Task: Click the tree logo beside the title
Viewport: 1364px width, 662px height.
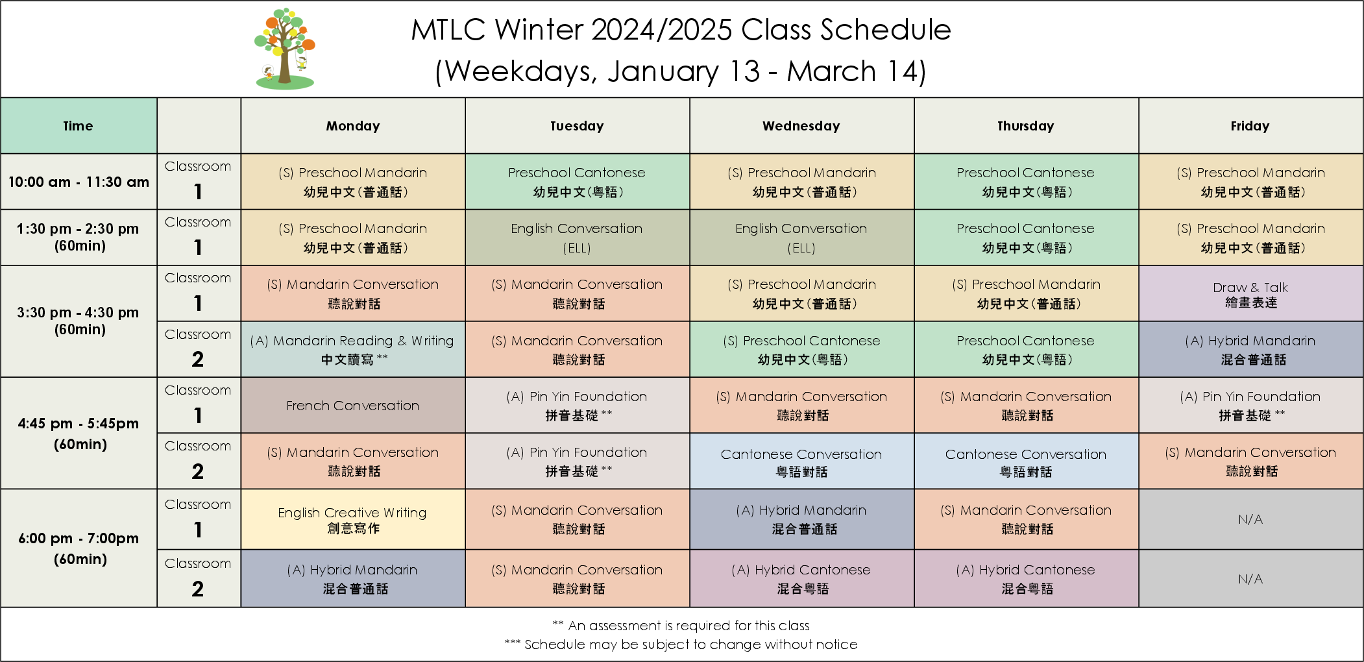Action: [x=285, y=49]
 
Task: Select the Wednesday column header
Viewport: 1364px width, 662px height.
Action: [x=801, y=126]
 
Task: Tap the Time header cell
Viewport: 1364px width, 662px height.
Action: [x=79, y=126]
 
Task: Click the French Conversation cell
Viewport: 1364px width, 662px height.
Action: [x=353, y=406]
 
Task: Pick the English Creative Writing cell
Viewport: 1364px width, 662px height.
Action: [x=353, y=520]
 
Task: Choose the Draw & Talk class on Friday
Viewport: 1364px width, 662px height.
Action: [x=1250, y=294]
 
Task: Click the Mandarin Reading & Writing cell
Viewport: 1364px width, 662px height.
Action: [x=353, y=350]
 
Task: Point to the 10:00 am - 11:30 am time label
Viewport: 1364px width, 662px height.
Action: [x=79, y=182]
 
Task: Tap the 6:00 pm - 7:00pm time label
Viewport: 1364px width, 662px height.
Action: [x=79, y=548]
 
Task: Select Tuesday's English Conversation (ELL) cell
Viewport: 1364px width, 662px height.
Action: [x=577, y=238]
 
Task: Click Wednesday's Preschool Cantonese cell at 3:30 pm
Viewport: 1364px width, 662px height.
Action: [x=801, y=350]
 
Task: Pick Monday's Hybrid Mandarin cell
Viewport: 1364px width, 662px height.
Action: [x=353, y=579]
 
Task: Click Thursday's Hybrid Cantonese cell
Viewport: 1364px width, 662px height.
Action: [x=1026, y=579]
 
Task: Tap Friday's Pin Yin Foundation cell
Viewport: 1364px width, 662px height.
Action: [x=1250, y=406]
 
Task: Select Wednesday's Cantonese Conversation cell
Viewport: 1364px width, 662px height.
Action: [x=801, y=461]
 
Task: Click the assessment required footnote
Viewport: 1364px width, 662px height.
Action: [x=681, y=626]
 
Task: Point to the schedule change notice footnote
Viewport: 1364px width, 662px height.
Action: [x=681, y=644]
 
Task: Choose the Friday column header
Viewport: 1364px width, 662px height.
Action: [x=1250, y=126]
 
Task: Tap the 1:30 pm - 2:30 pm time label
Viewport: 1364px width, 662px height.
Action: [x=79, y=237]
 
